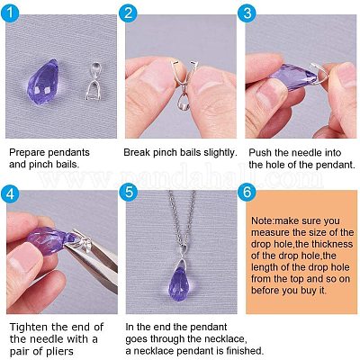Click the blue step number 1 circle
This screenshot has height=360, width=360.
point(10,13)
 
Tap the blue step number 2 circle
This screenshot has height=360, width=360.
point(128,13)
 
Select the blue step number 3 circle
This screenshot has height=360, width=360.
point(247,13)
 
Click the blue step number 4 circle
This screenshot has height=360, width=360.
point(10,193)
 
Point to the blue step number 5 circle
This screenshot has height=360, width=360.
point(129,192)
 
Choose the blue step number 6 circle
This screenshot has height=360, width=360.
point(247,192)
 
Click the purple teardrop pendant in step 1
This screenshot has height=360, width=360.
point(42,81)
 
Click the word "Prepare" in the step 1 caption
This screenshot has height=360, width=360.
point(28,152)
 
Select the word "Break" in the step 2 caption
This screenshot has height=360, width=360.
point(137,152)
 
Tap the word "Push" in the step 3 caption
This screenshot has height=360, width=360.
point(260,152)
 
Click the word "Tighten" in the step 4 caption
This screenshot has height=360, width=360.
point(29,328)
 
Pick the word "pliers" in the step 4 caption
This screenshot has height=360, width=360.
point(58,351)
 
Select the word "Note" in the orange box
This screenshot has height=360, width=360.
point(262,220)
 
